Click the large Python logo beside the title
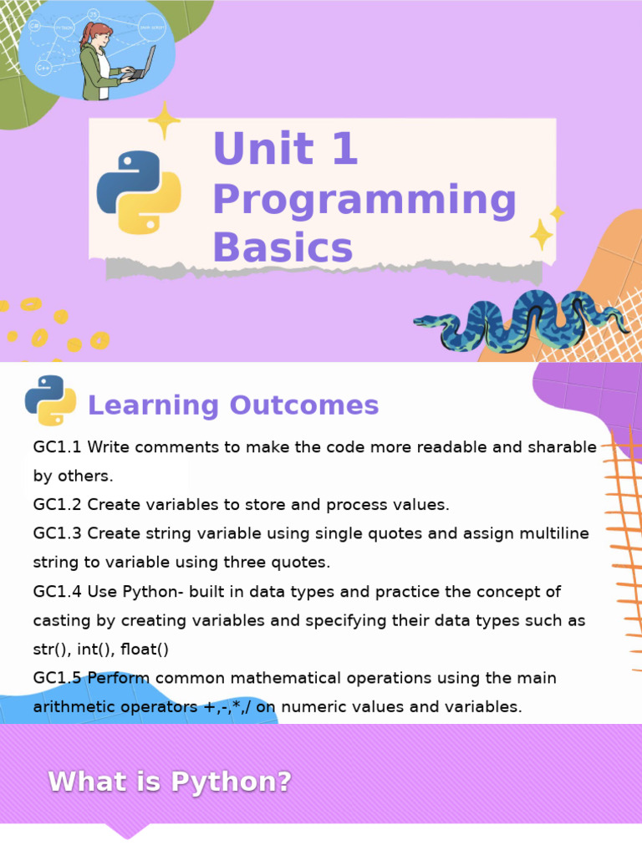point(139,192)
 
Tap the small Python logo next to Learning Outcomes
point(50,400)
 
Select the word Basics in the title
point(283,248)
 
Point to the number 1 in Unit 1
point(343,150)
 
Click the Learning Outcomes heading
point(233,405)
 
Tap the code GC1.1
point(58,447)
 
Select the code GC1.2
point(58,505)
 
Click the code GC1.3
point(58,533)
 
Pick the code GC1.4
point(58,592)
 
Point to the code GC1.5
point(58,678)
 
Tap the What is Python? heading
point(171,782)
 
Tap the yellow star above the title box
point(164,120)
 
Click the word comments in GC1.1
point(170,447)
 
